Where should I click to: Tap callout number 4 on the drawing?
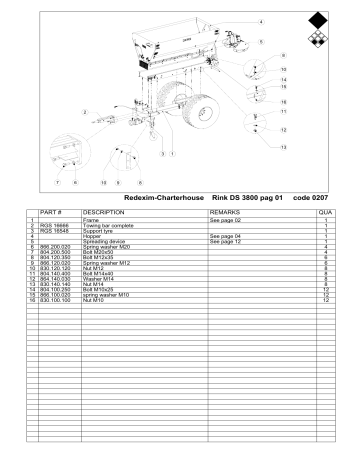coord(261,20)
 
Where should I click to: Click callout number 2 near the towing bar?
coord(84,111)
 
